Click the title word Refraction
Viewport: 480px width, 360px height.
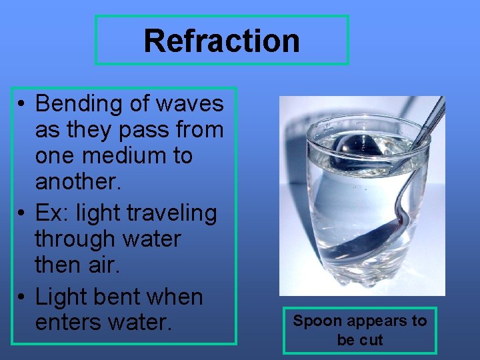point(221,41)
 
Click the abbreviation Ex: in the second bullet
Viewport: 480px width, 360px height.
point(52,213)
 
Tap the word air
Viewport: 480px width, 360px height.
point(103,265)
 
